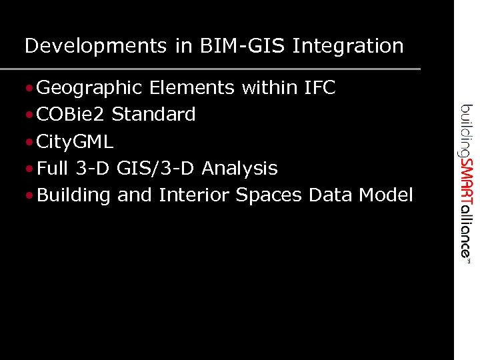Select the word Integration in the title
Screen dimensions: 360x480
pos(348,46)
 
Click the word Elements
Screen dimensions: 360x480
pos(193,87)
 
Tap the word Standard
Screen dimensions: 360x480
pos(154,115)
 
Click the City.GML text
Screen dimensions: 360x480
pos(75,141)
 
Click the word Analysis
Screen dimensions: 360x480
pos(239,168)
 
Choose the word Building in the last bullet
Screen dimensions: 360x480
pos(73,195)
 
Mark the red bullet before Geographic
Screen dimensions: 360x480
pos(31,88)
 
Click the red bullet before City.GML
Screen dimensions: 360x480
pos(31,142)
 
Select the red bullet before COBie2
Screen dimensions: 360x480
pos(31,115)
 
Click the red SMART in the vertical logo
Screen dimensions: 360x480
pos(466,182)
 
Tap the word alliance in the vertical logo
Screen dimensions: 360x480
pos(466,229)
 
